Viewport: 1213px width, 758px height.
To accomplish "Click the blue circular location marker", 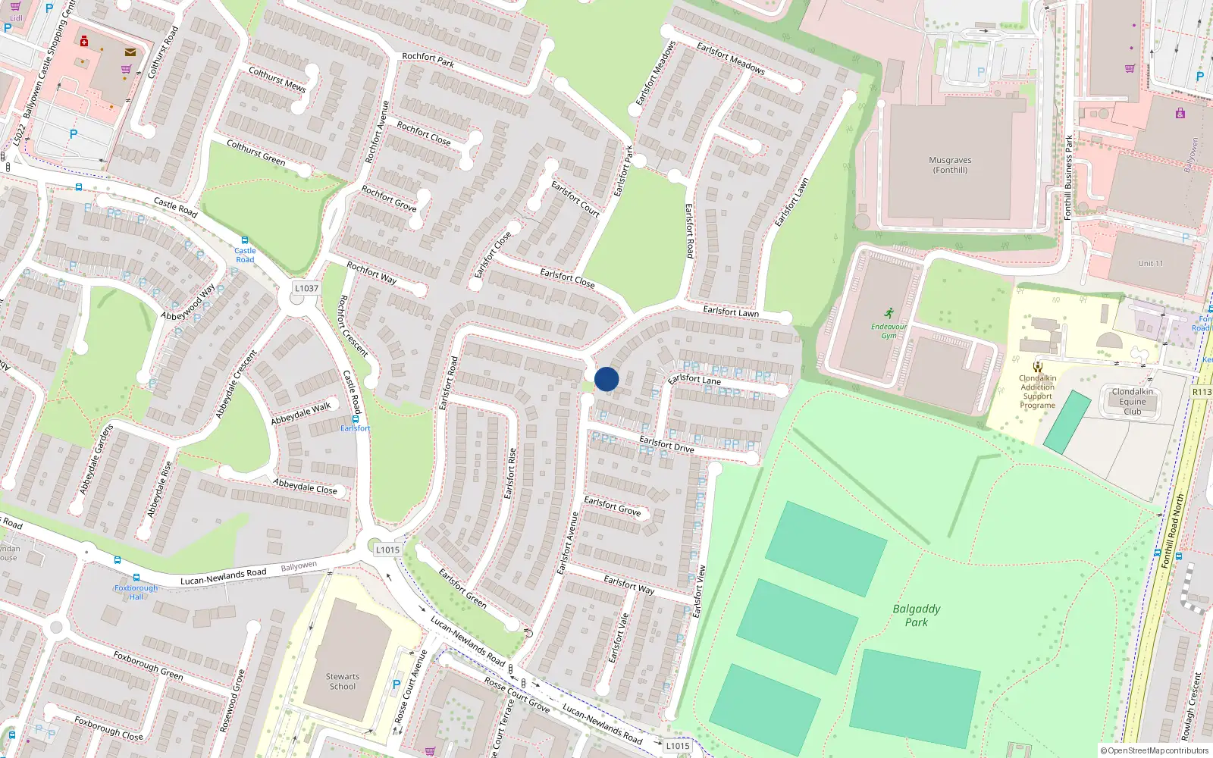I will (x=606, y=379).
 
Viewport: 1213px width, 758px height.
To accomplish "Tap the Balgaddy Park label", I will (x=916, y=615).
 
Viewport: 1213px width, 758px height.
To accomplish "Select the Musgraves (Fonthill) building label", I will (x=950, y=165).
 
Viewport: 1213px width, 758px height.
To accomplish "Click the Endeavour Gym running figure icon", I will (x=889, y=314).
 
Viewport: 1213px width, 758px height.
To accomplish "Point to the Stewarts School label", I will (x=343, y=681).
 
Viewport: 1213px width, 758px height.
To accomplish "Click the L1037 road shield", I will (x=306, y=288).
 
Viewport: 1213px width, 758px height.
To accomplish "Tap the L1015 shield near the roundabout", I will (x=387, y=550).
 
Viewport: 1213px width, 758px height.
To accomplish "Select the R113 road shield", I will (x=1202, y=392).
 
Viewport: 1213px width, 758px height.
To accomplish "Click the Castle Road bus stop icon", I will (x=244, y=240).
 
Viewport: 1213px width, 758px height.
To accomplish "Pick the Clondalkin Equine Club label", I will (x=1132, y=402).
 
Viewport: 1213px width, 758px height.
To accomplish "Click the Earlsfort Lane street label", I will (x=694, y=378).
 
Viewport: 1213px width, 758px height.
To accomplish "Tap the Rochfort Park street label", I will (x=428, y=60).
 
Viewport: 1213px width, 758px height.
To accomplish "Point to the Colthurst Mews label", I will (x=277, y=80).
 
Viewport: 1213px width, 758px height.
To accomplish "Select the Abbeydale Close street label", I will (x=305, y=486).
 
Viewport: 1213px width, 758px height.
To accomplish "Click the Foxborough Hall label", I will (x=136, y=592).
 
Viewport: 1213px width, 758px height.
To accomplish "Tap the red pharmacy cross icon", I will (x=84, y=41).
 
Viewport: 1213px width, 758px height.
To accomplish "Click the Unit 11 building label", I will (x=1150, y=264).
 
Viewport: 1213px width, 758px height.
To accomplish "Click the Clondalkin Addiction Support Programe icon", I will (x=1037, y=367).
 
